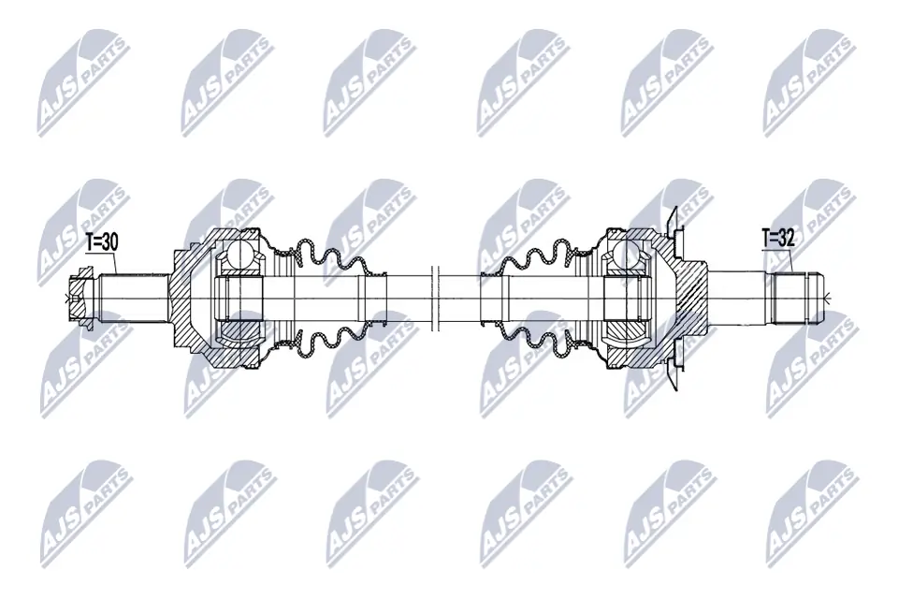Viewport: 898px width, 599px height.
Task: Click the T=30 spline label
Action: click(x=102, y=241)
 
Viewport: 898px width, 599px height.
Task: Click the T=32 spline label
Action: click(x=778, y=238)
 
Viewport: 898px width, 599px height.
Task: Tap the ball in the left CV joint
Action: click(x=239, y=254)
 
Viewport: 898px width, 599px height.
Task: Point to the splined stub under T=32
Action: click(x=796, y=299)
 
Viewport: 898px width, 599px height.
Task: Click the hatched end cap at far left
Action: click(x=81, y=299)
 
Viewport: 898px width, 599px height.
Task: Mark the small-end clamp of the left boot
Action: click(x=375, y=299)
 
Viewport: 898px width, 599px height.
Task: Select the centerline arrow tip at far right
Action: click(x=829, y=299)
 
